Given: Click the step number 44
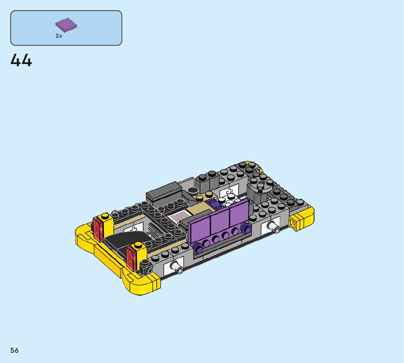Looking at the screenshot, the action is coord(21,60).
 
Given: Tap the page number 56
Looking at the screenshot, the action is coord(15,350).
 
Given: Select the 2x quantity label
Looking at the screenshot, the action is coord(59,36).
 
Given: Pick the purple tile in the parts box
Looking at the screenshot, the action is coord(66,25).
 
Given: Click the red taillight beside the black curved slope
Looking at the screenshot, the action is coord(98,229).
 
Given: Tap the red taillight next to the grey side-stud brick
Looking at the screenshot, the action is coord(132,258).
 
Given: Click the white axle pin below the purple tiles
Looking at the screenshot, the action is coord(273,226).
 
